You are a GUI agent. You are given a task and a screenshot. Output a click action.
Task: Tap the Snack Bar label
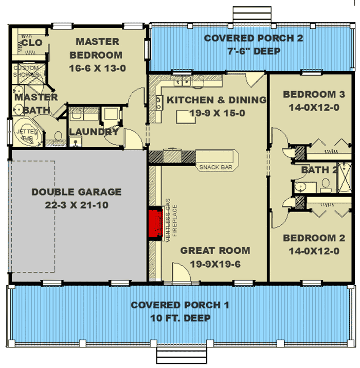pos(212,167)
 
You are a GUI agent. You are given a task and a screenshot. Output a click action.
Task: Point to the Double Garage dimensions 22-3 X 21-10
pos(76,204)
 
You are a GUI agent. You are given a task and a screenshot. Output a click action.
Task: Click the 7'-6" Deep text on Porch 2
pos(254,51)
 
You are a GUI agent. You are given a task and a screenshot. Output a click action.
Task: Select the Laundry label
pos(94,132)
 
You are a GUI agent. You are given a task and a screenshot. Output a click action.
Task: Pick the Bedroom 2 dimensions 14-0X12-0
pos(311,251)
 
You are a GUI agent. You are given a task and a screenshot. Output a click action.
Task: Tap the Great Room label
pos(215,251)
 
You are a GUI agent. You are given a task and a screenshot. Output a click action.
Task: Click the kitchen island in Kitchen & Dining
pos(186,117)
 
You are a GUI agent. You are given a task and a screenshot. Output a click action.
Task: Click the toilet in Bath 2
pos(325,183)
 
